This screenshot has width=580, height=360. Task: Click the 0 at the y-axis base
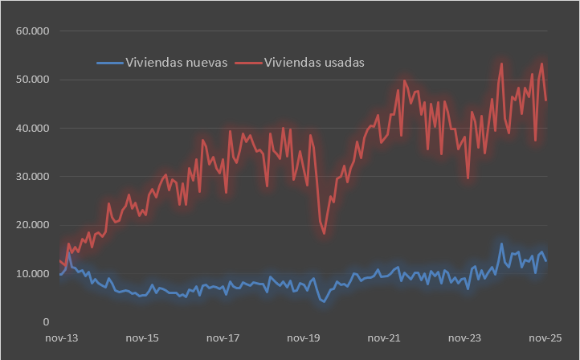(47, 322)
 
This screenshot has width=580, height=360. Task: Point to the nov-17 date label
(222, 339)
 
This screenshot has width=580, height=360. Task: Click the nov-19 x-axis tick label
(303, 339)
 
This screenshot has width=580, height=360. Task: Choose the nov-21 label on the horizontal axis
(384, 339)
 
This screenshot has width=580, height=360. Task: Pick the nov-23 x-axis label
(465, 339)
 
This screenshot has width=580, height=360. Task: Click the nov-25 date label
(545, 339)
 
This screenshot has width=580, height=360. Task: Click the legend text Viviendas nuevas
(177, 63)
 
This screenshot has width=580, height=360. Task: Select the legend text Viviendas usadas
(316, 63)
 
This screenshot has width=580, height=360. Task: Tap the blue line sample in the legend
(110, 63)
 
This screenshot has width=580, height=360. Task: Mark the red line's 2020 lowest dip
(324, 234)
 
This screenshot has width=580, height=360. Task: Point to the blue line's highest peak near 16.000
(502, 243)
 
